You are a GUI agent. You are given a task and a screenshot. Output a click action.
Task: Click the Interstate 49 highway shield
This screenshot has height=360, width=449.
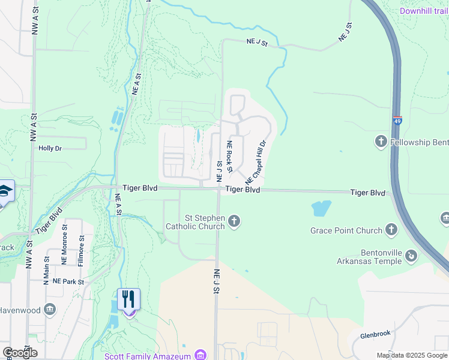point(397,121)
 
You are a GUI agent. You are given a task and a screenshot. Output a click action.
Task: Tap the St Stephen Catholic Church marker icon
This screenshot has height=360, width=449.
point(234,221)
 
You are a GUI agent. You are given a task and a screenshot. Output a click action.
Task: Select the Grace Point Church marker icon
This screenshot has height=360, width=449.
point(391,230)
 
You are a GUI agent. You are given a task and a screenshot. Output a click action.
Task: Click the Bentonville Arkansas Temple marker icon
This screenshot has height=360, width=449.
point(411,256)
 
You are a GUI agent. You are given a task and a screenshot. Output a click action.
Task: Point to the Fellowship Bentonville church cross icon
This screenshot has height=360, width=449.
point(381,142)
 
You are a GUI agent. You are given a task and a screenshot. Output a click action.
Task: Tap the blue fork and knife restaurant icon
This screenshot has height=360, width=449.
point(128,299)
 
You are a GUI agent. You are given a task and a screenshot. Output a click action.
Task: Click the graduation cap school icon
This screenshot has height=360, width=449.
point(5,191)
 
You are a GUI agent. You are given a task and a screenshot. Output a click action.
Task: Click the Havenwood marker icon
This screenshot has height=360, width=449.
point(50,310)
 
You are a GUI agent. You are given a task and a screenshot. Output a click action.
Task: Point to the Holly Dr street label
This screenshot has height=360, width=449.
point(50,148)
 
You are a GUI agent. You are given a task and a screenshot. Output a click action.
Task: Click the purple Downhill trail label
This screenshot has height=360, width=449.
point(424,11)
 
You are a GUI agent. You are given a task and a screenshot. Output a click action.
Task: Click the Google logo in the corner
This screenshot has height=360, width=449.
point(20,352)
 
